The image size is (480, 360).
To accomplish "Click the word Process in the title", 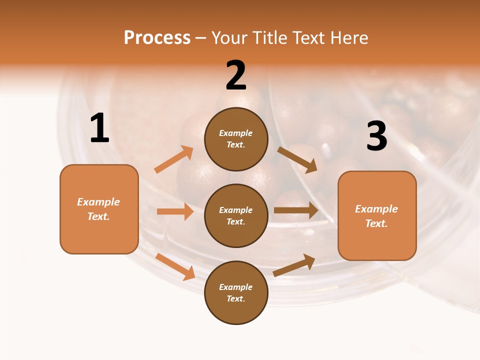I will pos(157,37).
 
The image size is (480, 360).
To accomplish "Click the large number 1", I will pos(99,128).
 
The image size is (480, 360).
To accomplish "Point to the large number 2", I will pos(236,75).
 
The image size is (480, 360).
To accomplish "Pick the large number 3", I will pos(377,136).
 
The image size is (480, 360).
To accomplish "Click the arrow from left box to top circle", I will pos(174,159).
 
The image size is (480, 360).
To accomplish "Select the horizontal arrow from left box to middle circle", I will pos(175,211).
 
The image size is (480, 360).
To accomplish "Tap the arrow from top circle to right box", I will pos(297,160).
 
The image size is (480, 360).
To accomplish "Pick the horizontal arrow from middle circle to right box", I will pos(296,210).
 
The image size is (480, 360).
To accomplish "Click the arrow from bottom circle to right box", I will pos(294,265).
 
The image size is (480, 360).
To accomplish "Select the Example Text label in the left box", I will pos(98,209).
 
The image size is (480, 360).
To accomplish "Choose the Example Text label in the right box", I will pos(376,216).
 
